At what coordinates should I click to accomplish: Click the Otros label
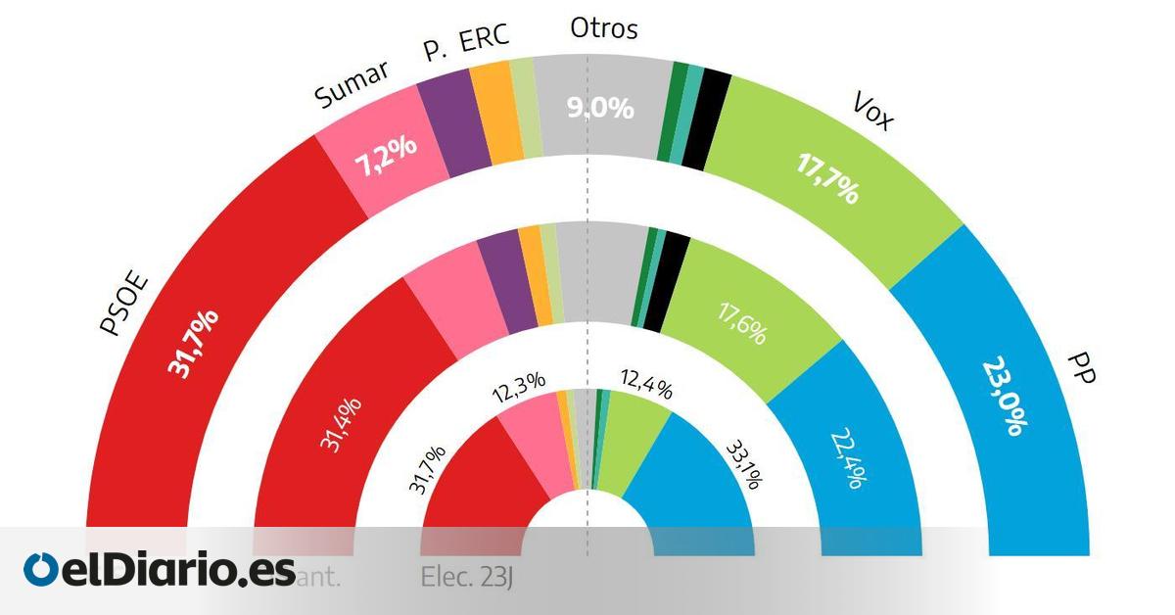(604, 28)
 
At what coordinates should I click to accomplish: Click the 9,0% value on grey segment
(601, 108)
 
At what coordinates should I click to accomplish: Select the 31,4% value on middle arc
(339, 423)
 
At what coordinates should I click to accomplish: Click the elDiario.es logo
(160, 569)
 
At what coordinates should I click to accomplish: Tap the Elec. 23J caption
(467, 578)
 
